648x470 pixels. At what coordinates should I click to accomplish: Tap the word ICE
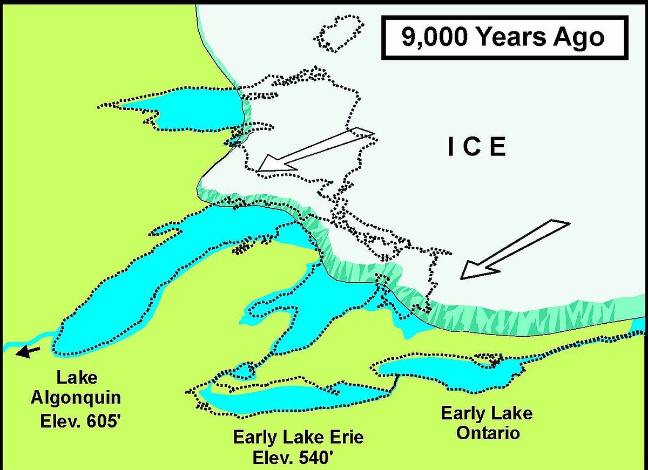477,147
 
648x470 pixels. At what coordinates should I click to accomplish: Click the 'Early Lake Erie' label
298,438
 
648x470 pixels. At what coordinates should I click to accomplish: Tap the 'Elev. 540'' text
298,458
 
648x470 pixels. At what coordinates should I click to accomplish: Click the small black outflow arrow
28,352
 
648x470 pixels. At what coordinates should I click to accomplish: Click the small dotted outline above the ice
339,33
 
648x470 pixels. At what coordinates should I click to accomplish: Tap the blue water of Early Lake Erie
292,397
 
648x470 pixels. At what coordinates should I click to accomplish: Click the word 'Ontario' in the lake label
487,433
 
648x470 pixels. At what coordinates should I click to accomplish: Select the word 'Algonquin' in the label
76,399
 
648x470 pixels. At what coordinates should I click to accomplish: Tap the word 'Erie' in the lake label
346,438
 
